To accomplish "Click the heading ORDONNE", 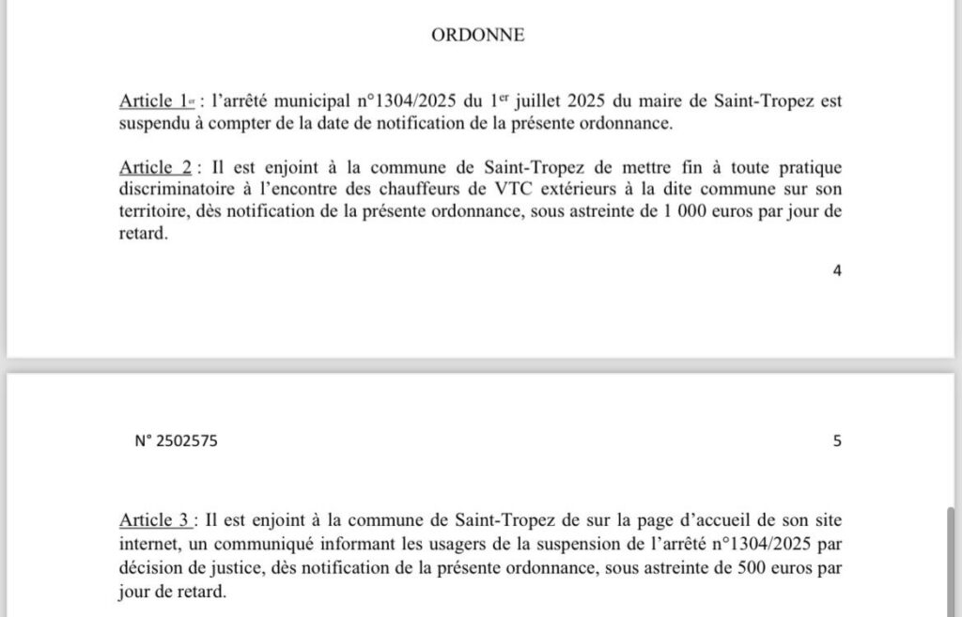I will (x=477, y=37).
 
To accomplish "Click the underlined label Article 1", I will (x=148, y=102).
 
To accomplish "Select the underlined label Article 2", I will (x=155, y=167).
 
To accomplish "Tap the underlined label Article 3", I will (x=155, y=519).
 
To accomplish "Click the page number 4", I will (x=836, y=270).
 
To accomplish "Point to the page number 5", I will (x=836, y=440).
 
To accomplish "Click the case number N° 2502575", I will (x=178, y=440).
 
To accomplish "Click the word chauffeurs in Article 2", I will (x=436, y=190).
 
